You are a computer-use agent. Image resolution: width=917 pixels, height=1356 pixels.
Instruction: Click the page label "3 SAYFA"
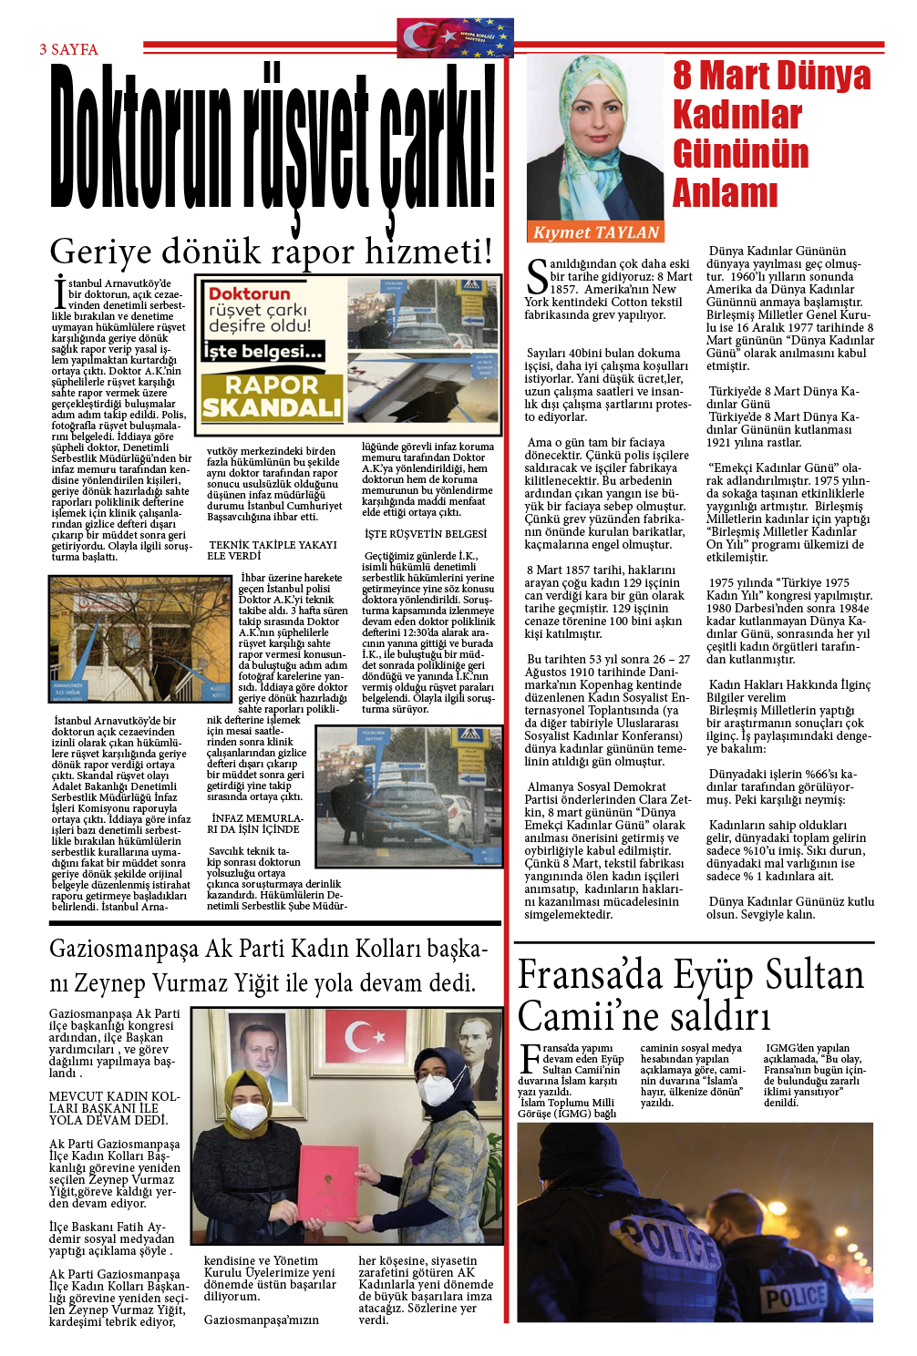coord(68,49)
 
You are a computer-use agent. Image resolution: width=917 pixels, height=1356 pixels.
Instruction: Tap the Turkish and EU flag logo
coord(455,38)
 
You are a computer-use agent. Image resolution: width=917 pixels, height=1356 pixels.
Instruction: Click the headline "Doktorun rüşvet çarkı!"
coord(273,137)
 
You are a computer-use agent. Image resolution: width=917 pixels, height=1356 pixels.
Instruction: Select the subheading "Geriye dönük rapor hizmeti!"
coord(271,252)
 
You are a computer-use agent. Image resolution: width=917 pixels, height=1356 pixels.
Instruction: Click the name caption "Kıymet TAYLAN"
coord(595,232)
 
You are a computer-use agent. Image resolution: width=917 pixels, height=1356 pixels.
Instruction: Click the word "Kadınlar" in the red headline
coord(737,115)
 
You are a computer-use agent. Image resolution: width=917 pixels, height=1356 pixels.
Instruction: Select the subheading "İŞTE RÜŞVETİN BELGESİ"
coord(425,534)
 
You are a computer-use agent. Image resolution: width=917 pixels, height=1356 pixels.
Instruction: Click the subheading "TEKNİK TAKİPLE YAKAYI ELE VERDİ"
coord(272,550)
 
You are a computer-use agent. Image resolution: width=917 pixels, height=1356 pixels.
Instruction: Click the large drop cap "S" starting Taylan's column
coord(537,277)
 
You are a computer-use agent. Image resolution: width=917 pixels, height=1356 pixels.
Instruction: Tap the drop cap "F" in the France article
coord(529,1060)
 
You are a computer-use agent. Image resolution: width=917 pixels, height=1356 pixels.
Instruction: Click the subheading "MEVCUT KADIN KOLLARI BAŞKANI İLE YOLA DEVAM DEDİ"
coord(114,1108)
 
